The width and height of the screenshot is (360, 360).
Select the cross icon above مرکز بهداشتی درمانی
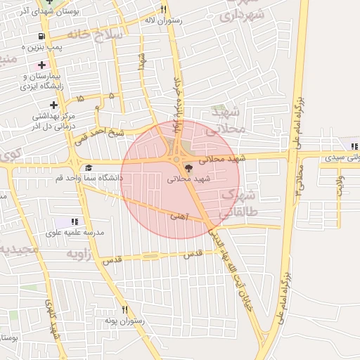(53, 105)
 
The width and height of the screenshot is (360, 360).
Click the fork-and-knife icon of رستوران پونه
(124, 309)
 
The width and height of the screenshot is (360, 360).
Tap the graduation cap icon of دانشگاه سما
(89, 167)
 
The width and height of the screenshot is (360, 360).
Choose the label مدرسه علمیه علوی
(75, 232)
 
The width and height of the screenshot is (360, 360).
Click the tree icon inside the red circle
(187, 168)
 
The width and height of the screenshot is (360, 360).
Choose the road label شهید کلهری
(53, 320)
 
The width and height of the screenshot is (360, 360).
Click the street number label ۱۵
(81, 99)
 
